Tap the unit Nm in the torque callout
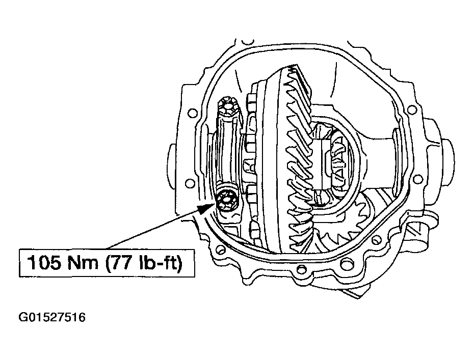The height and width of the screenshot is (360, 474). point(83,262)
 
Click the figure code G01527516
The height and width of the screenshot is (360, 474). point(52,317)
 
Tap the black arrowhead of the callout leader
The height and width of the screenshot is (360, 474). point(207,208)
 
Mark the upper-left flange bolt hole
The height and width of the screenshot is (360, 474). point(191,114)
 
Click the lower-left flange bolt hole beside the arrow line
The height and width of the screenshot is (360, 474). point(190,183)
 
